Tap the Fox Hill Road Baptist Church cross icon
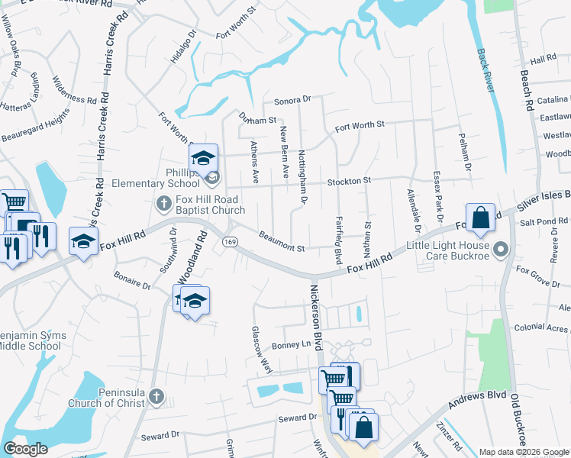click(x=163, y=203)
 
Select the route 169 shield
click(x=229, y=241)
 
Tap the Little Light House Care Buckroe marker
click(x=501, y=249)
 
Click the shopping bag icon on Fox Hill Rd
click(x=482, y=218)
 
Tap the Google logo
click(x=25, y=449)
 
